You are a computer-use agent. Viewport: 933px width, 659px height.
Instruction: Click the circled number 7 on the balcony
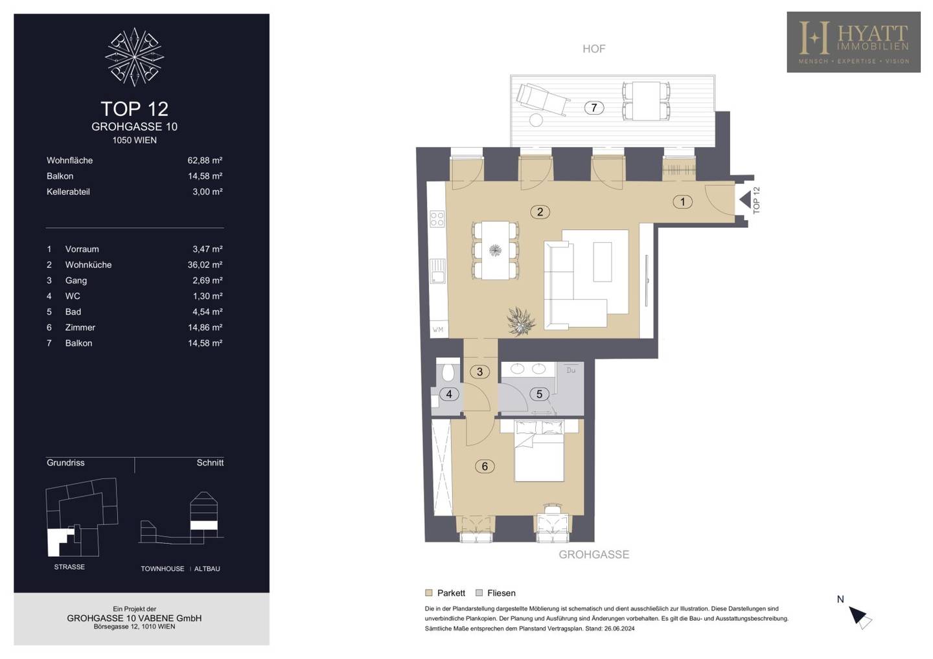(594, 107)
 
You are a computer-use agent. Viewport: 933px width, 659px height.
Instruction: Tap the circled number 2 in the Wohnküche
(540, 212)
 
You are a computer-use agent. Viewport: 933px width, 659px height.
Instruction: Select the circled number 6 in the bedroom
(485, 466)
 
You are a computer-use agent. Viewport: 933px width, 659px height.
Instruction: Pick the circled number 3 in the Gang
(480, 372)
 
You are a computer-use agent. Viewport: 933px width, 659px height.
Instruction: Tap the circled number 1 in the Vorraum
(683, 202)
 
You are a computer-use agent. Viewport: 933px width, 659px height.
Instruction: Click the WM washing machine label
(438, 329)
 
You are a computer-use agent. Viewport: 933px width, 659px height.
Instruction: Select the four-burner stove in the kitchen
(437, 219)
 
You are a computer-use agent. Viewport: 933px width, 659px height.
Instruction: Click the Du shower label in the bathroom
(571, 370)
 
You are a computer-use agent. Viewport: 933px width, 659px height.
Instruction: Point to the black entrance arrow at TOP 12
(744, 199)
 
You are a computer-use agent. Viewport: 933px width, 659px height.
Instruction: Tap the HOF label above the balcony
(594, 49)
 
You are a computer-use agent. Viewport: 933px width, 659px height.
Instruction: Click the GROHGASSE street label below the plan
(594, 555)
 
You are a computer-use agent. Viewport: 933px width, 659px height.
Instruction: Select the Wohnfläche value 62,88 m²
(205, 160)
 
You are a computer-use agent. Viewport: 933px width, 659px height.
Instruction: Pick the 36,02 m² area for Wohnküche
(205, 265)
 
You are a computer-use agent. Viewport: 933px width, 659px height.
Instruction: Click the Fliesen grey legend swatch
(479, 593)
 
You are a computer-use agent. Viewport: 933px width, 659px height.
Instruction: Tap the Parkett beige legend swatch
(429, 593)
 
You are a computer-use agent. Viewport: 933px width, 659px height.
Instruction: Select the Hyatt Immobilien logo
(854, 42)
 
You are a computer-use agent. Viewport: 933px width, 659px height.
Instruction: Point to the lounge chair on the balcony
(542, 99)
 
